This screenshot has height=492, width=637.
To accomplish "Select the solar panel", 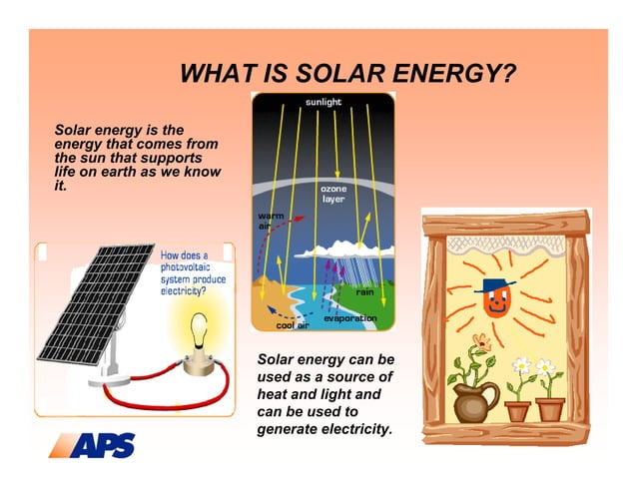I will coord(95,299).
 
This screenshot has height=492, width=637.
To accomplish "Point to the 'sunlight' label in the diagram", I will coord(322,102).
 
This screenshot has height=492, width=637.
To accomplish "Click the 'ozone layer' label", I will coord(333,194).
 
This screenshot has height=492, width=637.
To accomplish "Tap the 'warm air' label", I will coord(271,221).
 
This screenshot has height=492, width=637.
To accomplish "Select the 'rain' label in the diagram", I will coord(364,291).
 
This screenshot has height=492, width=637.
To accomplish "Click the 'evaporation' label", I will coord(350,318).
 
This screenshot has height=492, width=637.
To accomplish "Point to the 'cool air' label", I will coord(292,325).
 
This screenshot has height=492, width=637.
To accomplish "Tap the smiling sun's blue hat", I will coord(495,286).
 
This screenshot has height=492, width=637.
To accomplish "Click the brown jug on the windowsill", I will coord(474,401).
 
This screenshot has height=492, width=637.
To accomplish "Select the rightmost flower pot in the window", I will coord(549,408).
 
